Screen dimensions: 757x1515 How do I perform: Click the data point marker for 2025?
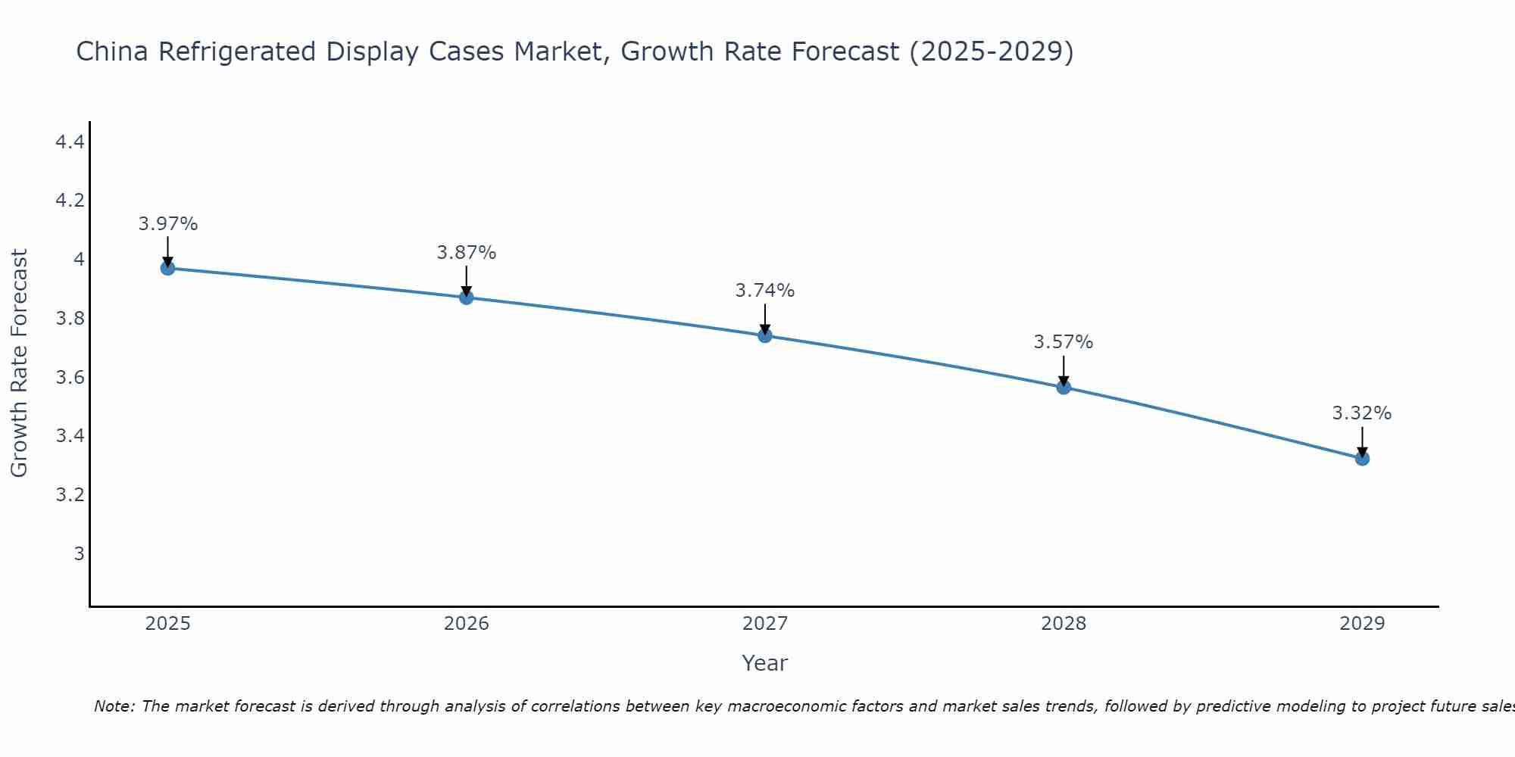pyautogui.click(x=167, y=268)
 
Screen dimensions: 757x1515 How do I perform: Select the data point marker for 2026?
pyautogui.click(x=466, y=298)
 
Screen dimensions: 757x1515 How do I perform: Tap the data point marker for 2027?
pyautogui.click(x=765, y=335)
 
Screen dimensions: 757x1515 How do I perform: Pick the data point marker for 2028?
pyautogui.click(x=1064, y=387)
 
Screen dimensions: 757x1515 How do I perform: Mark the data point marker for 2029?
pyautogui.click(x=1362, y=458)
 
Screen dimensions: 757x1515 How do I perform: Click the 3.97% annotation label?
pyautogui.click(x=167, y=224)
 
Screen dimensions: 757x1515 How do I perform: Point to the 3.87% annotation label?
pyautogui.click(x=466, y=253)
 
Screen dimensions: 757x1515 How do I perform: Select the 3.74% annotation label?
pyautogui.click(x=765, y=291)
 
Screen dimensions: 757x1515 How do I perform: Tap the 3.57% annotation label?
pyautogui.click(x=1064, y=342)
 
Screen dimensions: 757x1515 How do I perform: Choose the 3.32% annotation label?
pyautogui.click(x=1362, y=413)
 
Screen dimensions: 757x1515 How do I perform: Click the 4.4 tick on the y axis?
pyautogui.click(x=70, y=142)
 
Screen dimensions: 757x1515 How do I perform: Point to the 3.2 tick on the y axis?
pyautogui.click(x=70, y=495)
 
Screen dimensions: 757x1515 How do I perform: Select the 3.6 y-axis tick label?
pyautogui.click(x=70, y=377)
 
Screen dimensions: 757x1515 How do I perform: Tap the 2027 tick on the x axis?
pyautogui.click(x=765, y=624)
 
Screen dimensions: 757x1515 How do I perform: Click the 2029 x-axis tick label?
pyautogui.click(x=1362, y=624)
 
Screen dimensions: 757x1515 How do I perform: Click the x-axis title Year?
pyautogui.click(x=765, y=663)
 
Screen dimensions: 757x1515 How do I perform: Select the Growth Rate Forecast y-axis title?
pyautogui.click(x=19, y=363)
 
